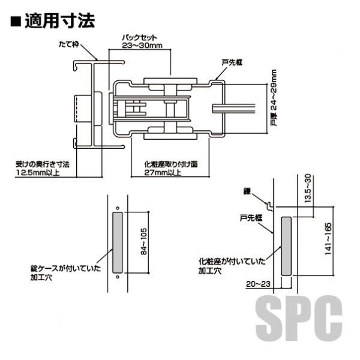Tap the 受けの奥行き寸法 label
(43, 164)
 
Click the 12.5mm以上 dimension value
(37, 174)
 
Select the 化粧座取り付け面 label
(172, 164)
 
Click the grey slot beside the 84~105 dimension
(117, 242)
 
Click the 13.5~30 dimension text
(308, 191)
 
